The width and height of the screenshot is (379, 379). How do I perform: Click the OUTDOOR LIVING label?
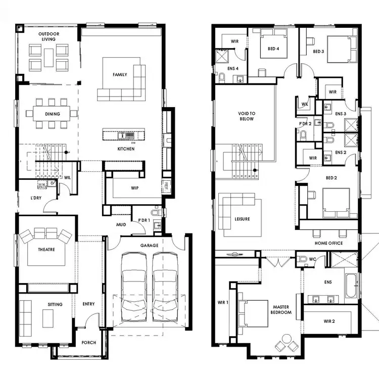[x=49, y=36]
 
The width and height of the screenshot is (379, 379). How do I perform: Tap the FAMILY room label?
[x=120, y=75]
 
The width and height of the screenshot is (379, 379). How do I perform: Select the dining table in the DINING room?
[x=53, y=114]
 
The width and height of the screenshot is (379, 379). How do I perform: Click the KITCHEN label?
[x=126, y=149]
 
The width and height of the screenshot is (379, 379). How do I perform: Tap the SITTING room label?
[x=55, y=304]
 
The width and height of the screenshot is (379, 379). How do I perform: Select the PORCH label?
[x=89, y=343]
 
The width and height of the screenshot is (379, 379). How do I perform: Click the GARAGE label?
[x=149, y=246]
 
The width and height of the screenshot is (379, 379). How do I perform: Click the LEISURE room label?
[x=243, y=219]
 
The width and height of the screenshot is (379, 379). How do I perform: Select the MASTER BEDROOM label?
[x=281, y=309]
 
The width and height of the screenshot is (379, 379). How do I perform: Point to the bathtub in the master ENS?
[x=351, y=286]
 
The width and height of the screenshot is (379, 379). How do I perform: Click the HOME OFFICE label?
[x=329, y=243]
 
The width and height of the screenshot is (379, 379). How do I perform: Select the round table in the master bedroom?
[x=287, y=339]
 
